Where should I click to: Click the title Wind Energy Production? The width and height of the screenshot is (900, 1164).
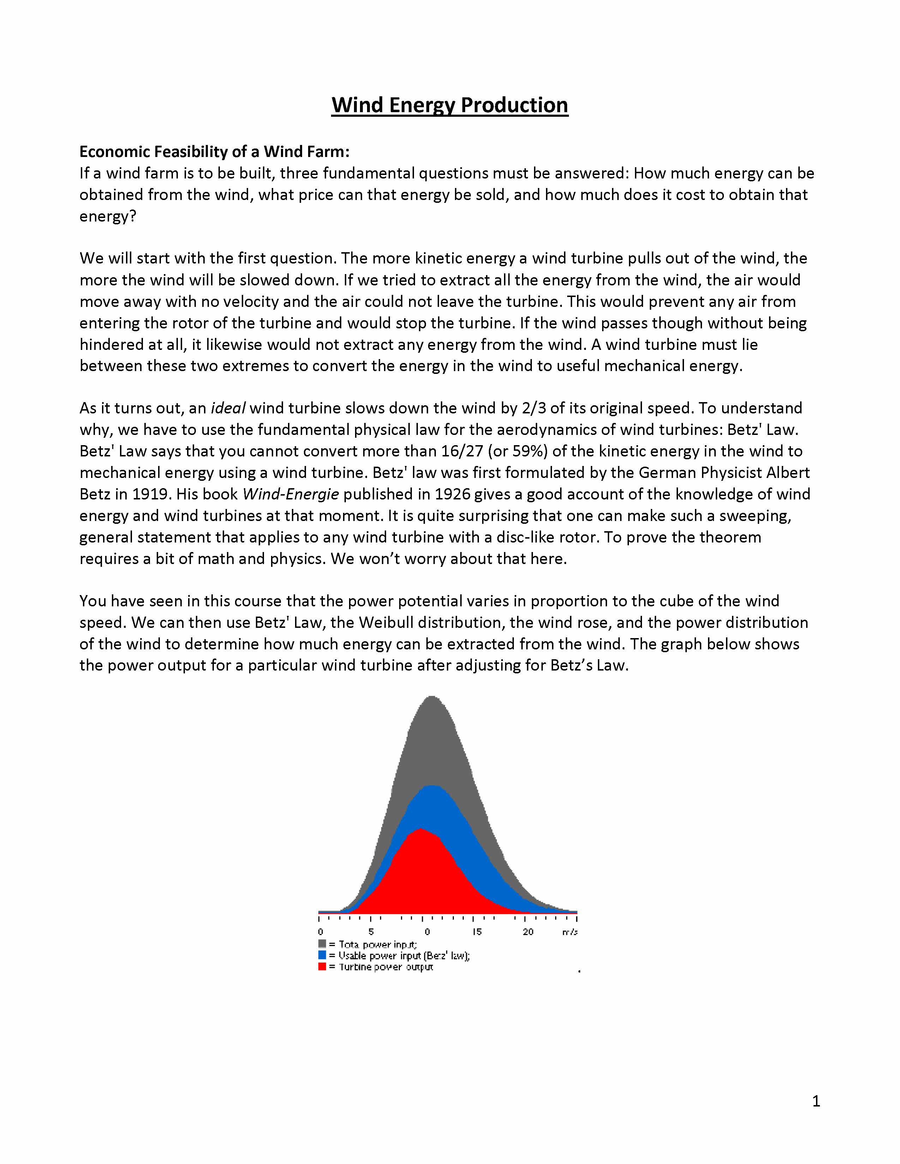coord(449,105)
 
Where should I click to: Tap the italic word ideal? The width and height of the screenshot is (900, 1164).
coord(228,408)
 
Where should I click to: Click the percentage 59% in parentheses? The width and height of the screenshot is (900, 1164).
coord(529,451)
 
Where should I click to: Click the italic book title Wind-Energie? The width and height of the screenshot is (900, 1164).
coord(290,494)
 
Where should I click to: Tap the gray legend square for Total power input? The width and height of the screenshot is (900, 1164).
coord(322,944)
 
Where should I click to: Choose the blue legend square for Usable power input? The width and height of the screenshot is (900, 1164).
coord(322,955)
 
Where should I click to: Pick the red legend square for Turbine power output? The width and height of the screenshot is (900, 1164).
coord(322,966)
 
